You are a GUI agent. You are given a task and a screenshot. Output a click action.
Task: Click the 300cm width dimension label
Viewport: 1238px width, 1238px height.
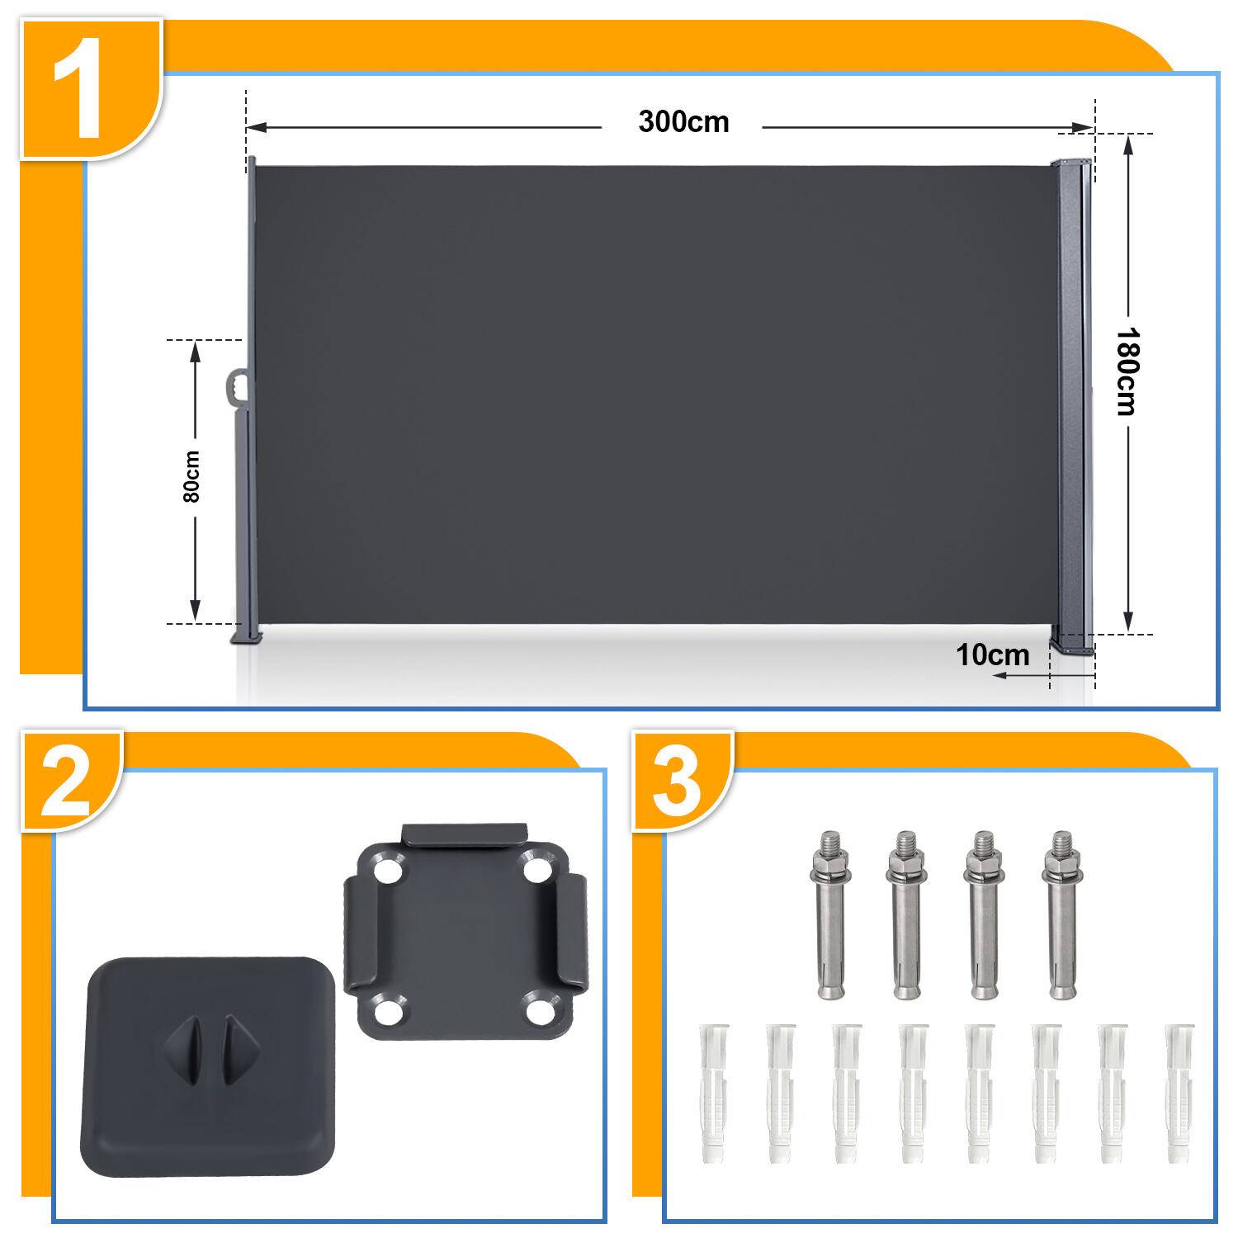683,122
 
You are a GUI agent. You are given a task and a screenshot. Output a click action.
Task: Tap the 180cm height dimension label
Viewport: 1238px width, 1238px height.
1127,371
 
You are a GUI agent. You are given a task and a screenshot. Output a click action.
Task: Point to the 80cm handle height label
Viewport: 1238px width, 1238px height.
191,476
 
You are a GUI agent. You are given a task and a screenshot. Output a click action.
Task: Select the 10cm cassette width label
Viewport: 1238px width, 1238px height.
993,655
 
